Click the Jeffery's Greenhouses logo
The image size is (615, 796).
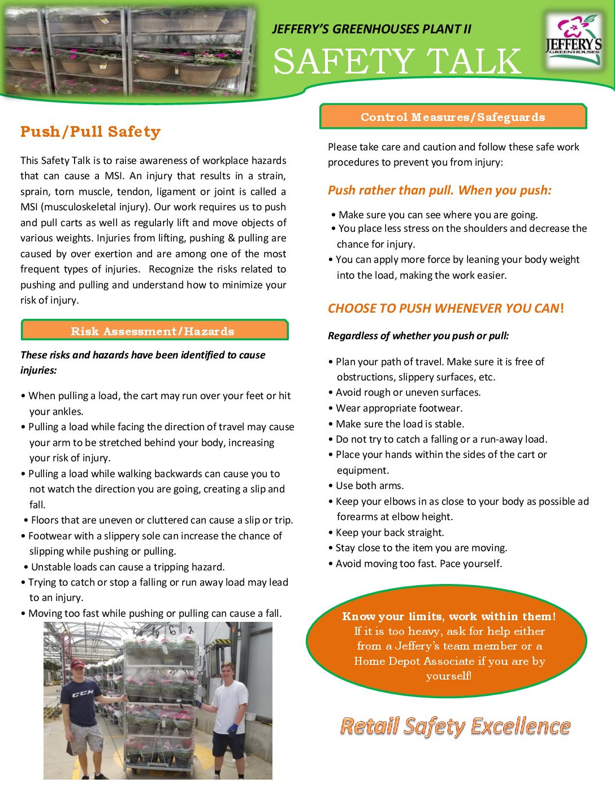coord(573,41)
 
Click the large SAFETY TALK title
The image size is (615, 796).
coord(397,62)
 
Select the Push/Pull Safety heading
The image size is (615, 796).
coord(90,132)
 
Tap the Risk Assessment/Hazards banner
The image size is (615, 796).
coord(153,331)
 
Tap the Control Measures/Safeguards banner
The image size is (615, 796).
coord(453,117)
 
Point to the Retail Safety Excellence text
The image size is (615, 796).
coord(455,726)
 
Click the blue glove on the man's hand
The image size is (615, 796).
coord(232,729)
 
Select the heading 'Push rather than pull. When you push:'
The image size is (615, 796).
coord(440,191)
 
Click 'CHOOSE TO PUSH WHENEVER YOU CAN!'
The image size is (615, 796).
coord(445,309)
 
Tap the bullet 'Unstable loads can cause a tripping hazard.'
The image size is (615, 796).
coord(128,567)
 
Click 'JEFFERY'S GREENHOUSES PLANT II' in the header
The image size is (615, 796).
coord(371,29)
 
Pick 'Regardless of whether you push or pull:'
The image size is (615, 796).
coord(418,336)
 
